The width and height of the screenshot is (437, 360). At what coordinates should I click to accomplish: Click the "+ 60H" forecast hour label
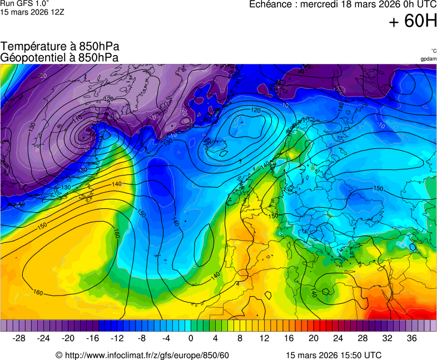pos(413,22)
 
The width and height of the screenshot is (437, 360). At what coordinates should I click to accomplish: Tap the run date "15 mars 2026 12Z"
pos(32,12)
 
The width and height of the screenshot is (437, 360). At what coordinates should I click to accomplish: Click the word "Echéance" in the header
pos(270,4)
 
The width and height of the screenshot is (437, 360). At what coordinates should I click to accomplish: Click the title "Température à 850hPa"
pos(60,47)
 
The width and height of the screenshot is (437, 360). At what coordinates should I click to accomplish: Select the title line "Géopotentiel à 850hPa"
pos(59,57)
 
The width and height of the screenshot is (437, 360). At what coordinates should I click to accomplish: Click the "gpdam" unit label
pos(428,59)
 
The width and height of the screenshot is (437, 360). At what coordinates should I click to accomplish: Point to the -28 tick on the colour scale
pos(19,338)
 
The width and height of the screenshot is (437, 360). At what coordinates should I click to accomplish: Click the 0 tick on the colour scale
pos(191,338)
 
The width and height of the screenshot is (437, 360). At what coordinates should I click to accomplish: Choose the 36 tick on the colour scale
pos(411,338)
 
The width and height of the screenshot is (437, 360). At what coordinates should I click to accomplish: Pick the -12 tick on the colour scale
pos(117,338)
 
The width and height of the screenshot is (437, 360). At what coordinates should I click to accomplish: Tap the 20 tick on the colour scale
pos(313,338)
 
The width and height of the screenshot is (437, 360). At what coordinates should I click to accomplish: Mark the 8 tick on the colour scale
pos(240,338)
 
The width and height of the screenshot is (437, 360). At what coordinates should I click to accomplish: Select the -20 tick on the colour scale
pos(68,338)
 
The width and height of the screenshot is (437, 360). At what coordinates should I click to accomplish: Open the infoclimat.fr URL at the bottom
pos(147,355)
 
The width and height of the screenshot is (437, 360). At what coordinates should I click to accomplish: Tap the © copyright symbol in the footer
pos(59,355)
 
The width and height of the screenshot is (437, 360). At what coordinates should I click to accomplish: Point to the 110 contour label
pos(77,118)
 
